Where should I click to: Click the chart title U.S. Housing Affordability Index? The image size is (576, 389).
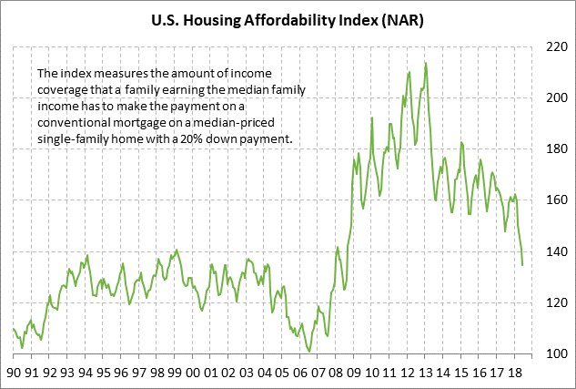[x=288, y=17]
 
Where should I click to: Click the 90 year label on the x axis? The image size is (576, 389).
[x=15, y=373]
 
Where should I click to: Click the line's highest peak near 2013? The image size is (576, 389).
[x=426, y=63]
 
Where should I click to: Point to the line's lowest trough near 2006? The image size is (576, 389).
[x=309, y=351]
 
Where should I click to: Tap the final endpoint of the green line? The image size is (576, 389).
[x=522, y=265]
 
